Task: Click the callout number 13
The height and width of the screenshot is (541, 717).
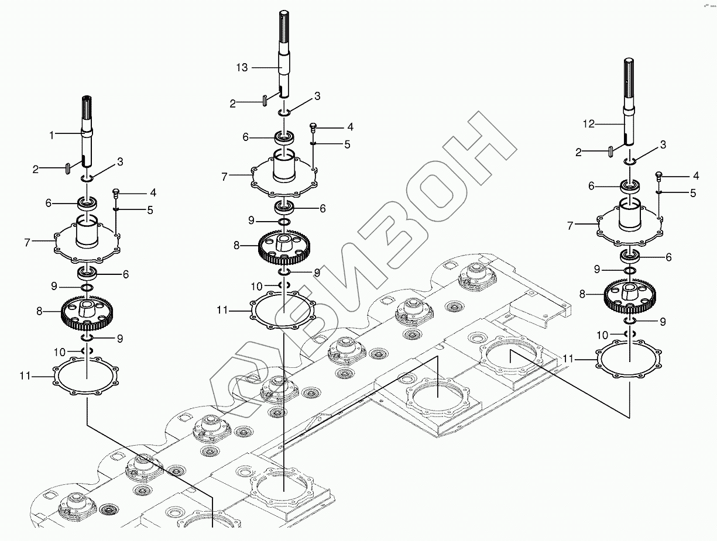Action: pyautogui.click(x=242, y=68)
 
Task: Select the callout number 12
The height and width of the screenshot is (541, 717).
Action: pyautogui.click(x=588, y=124)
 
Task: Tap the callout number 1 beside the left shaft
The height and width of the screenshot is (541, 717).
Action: pyautogui.click(x=52, y=135)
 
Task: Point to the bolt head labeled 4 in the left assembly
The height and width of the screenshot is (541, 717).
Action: pyautogui.click(x=115, y=192)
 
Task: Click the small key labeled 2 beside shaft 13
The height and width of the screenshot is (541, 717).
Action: pyautogui.click(x=265, y=100)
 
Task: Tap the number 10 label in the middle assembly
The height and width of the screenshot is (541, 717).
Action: pyautogui.click(x=256, y=287)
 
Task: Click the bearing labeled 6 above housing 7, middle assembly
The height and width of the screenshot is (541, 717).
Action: pyautogui.click(x=285, y=138)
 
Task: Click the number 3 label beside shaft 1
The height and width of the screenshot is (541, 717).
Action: pyautogui.click(x=119, y=161)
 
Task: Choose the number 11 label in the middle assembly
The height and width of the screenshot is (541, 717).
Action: pyautogui.click(x=222, y=311)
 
